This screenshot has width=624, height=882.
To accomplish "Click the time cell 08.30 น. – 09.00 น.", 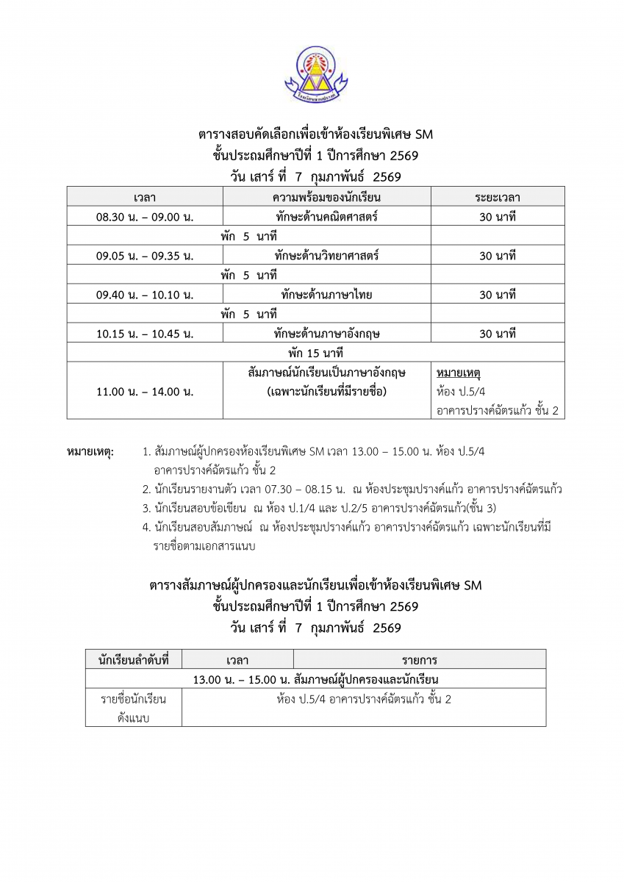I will click(145, 217).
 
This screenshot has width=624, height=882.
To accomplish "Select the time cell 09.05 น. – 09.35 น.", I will click(145, 256).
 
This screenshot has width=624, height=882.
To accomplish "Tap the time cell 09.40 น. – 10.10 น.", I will click(145, 295).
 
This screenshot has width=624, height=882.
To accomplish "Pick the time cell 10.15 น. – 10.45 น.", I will click(145, 334).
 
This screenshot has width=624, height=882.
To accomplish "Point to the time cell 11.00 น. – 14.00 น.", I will click(145, 391).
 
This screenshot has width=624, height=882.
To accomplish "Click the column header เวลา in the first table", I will click(145, 197).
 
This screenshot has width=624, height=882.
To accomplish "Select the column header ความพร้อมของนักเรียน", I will click(326, 197).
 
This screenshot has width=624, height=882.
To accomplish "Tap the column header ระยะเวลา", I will click(498, 197).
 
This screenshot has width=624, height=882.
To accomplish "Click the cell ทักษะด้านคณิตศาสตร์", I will click(326, 217).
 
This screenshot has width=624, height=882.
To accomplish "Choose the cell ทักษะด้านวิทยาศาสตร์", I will click(326, 256).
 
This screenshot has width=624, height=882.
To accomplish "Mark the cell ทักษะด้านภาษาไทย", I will click(326, 295).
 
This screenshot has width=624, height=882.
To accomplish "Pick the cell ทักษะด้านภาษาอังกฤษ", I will click(326, 334).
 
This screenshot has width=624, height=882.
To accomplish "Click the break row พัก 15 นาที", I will click(316, 353).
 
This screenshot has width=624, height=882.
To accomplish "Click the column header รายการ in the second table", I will click(419, 659).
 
